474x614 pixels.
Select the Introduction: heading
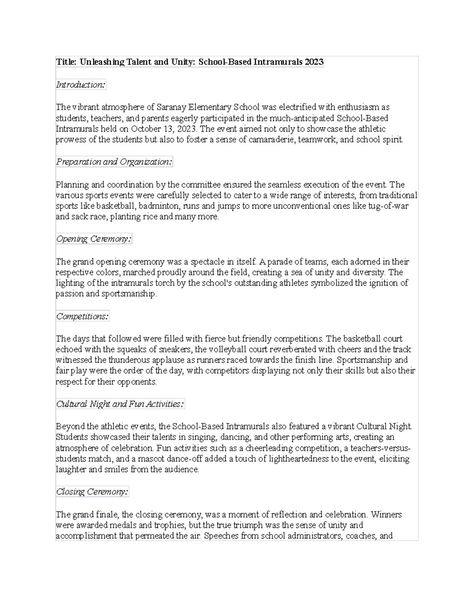pos(81,85)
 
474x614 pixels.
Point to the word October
pos(146,129)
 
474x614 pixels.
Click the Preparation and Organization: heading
pos(114,162)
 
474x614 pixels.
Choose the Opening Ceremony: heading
pos(94,239)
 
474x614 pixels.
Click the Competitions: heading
pos(82,316)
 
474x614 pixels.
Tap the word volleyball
pos(227,350)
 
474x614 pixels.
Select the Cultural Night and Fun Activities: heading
pos(120,404)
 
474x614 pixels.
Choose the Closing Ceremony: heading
pos(92,492)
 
